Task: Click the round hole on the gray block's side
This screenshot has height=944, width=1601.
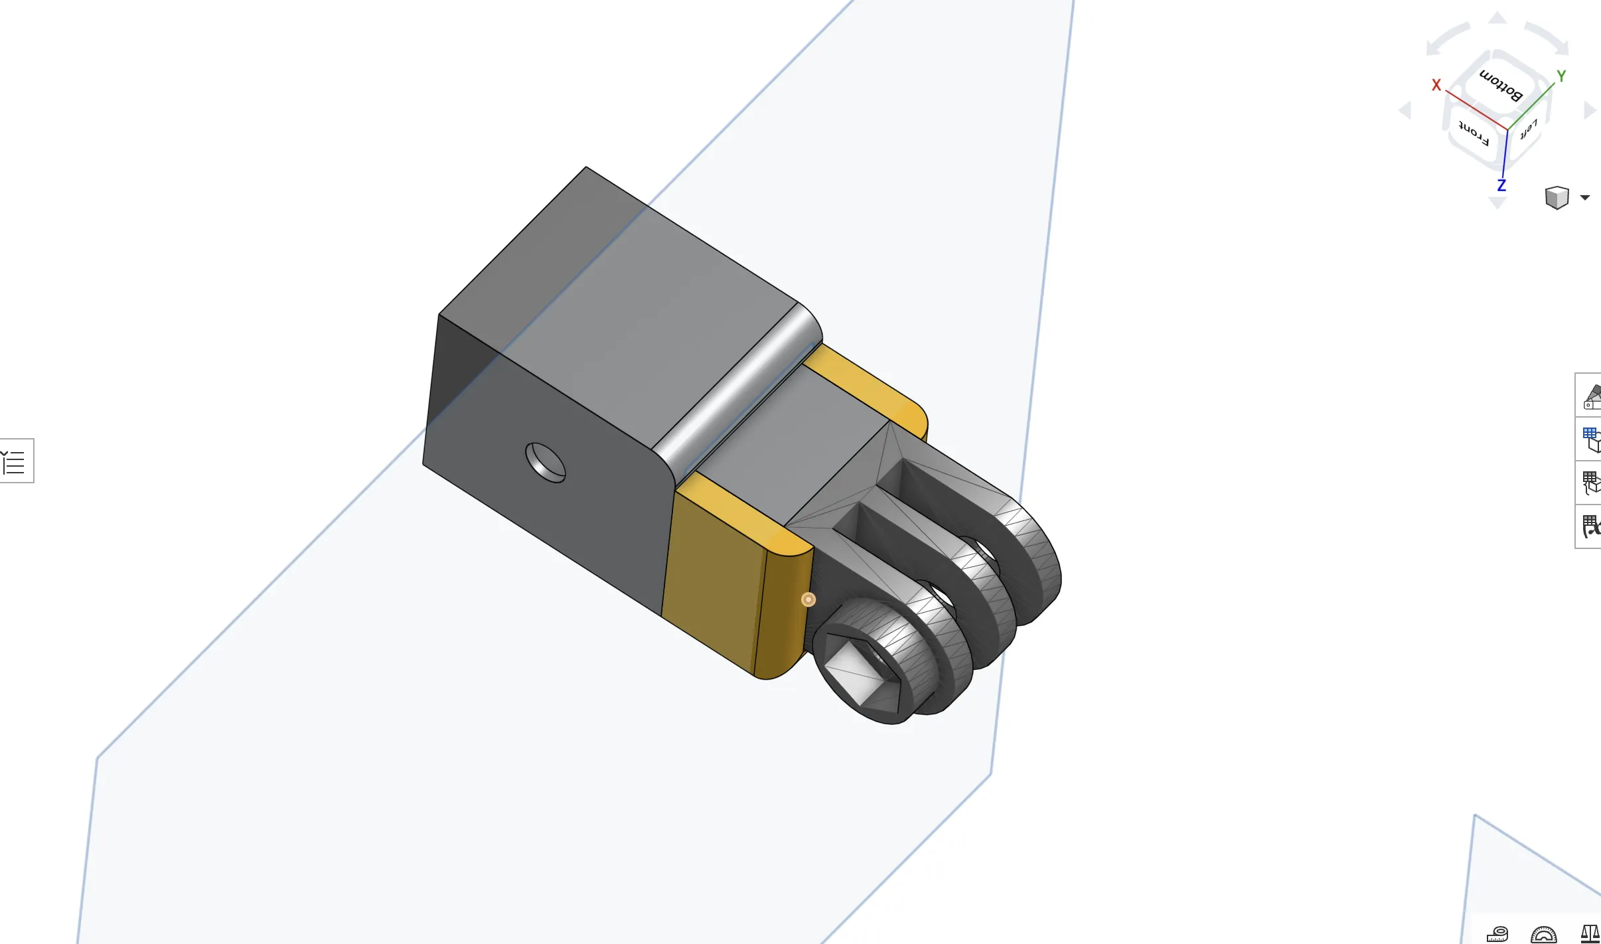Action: pyautogui.click(x=545, y=463)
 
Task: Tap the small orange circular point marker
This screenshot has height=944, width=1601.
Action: pyautogui.click(x=808, y=599)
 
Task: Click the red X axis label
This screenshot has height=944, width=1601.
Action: pyautogui.click(x=1436, y=85)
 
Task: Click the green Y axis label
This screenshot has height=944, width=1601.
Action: pyautogui.click(x=1561, y=76)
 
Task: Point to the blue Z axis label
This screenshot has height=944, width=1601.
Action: pyautogui.click(x=1501, y=185)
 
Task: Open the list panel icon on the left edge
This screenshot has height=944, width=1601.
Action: pyautogui.click(x=15, y=461)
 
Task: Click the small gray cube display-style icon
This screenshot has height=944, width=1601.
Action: pyautogui.click(x=1557, y=197)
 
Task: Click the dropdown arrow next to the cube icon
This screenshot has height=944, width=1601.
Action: pyautogui.click(x=1585, y=197)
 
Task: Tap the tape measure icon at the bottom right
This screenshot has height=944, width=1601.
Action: pyautogui.click(x=1497, y=933)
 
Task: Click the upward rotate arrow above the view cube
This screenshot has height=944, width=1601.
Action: pyautogui.click(x=1497, y=18)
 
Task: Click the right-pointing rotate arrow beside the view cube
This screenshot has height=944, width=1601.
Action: pyautogui.click(x=1590, y=110)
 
